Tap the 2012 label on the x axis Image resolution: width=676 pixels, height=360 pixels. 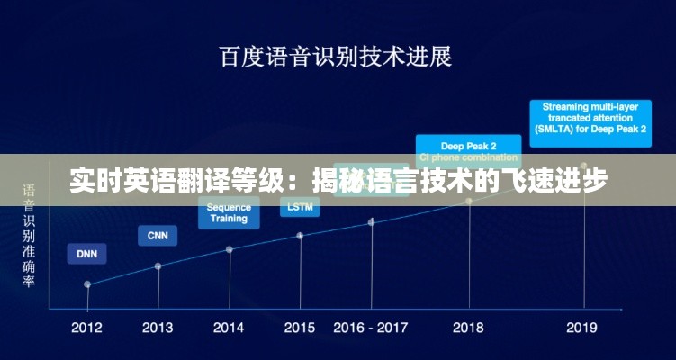point(86,328)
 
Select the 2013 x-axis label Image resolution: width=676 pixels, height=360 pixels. point(158,328)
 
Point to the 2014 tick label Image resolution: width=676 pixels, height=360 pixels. point(229,328)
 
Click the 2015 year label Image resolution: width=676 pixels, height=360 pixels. point(300,328)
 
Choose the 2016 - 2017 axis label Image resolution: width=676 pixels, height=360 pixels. point(371,328)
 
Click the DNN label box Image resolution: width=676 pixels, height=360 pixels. point(86,254)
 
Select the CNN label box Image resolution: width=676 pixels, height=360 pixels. point(158,236)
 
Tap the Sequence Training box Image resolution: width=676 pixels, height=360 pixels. point(229,213)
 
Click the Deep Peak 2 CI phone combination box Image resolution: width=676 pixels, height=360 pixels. point(468,151)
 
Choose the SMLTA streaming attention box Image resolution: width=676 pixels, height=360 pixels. point(590,118)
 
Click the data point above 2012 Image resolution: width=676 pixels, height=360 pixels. point(87,283)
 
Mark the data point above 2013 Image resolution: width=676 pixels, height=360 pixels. point(158,265)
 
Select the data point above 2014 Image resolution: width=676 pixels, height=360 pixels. point(230,249)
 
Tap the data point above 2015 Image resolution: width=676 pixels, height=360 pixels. point(300,236)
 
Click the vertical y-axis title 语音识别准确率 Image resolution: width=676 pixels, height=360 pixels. point(30,236)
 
